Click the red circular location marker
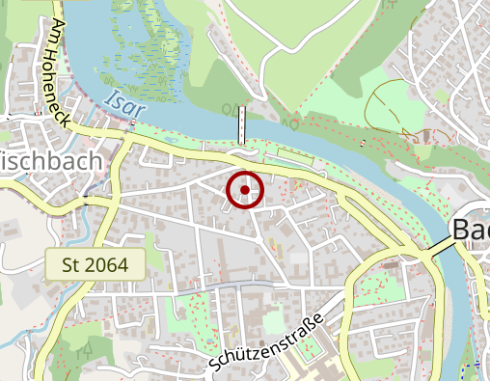[245, 189]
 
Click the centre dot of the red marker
[245, 189]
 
